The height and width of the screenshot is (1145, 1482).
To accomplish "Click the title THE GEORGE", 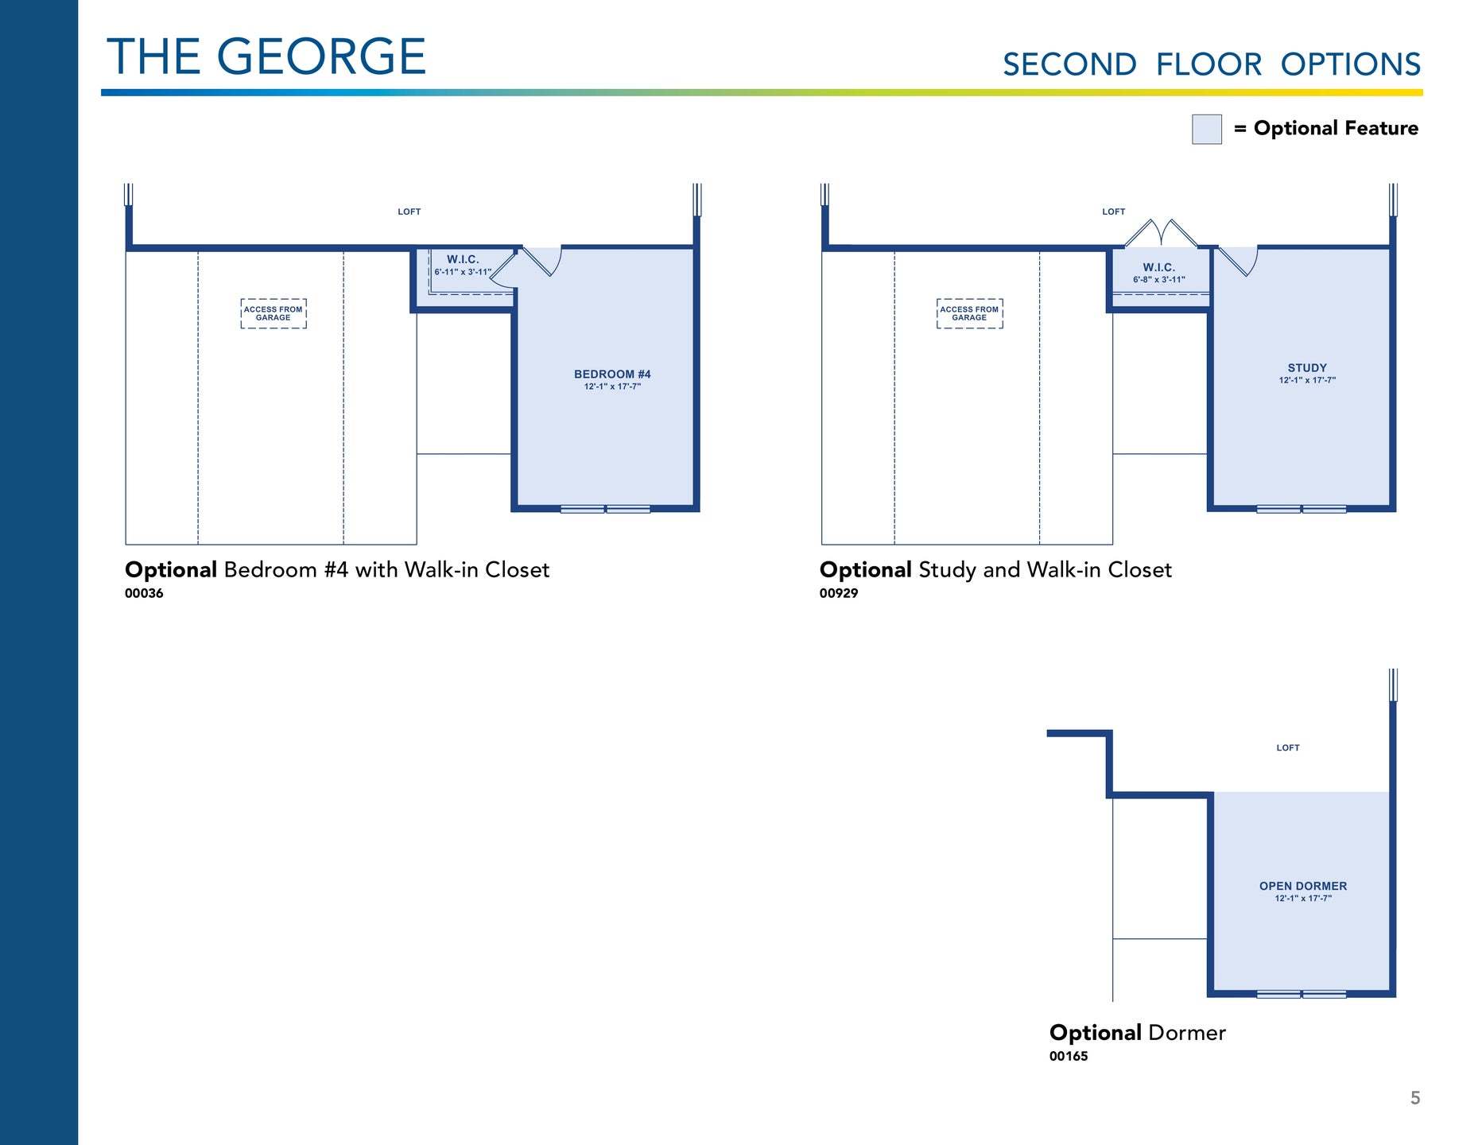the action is (x=266, y=56).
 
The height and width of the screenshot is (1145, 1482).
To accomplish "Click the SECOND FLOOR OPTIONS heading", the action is (x=1212, y=64).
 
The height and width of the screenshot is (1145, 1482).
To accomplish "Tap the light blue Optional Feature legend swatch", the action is (x=1206, y=129).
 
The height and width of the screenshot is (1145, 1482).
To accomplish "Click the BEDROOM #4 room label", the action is (x=612, y=374).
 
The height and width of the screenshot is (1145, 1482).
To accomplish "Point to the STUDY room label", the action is (x=1307, y=368).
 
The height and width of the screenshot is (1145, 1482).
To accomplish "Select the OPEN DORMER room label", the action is (x=1303, y=886).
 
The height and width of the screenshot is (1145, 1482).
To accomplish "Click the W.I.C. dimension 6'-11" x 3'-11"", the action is (x=463, y=272).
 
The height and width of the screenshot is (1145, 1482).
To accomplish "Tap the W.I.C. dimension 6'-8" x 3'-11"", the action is (x=1159, y=280).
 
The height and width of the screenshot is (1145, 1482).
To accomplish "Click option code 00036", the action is (x=144, y=593).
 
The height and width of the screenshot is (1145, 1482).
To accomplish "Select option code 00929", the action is (x=839, y=593).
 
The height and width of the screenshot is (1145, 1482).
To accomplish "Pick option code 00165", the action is (x=1069, y=1056).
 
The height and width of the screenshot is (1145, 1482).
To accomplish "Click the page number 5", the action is (x=1415, y=1098).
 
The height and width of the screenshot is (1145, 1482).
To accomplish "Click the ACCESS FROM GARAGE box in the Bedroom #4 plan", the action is (x=274, y=313).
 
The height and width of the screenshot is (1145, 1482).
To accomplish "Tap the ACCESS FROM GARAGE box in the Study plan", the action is (x=969, y=313).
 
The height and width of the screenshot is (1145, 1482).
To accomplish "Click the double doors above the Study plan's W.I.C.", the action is (x=1161, y=233).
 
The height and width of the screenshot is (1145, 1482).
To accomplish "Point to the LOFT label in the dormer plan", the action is (x=1288, y=748).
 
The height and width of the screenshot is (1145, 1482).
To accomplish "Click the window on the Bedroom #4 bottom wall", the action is (x=605, y=509).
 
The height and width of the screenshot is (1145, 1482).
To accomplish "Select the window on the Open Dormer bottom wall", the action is (x=1302, y=994).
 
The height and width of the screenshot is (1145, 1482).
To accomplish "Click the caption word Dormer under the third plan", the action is (x=1187, y=1033).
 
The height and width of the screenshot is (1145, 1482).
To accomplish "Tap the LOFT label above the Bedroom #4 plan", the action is (x=409, y=212).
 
